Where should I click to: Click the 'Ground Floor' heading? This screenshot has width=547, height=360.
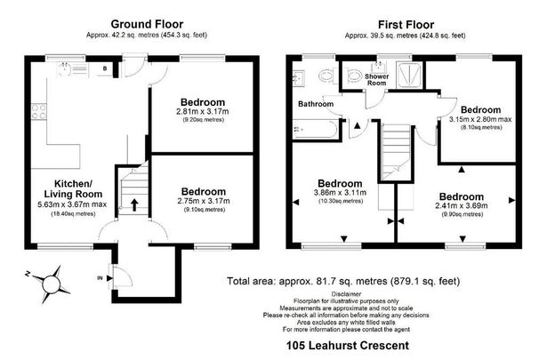[147, 23]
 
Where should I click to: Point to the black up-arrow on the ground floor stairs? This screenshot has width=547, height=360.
[133, 204]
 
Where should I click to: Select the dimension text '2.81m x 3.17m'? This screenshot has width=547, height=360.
[202, 111]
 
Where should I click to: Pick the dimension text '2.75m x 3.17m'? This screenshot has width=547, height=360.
[202, 202]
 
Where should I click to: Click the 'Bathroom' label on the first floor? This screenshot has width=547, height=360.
[316, 104]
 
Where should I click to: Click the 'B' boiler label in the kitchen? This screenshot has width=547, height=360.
[104, 68]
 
